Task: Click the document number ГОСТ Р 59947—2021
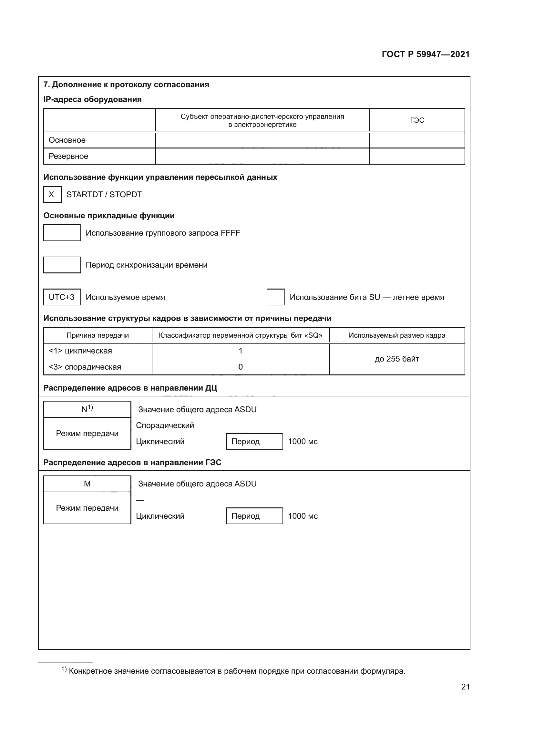(x=426, y=54)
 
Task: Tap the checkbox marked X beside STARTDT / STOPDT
(x=52, y=194)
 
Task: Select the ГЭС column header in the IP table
(x=416, y=120)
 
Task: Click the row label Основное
(x=67, y=140)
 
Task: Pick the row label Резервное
(x=68, y=156)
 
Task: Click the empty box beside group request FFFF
(x=62, y=233)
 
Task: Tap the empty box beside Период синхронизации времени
(x=62, y=265)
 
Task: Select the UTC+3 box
(x=62, y=297)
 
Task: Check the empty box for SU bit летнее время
(x=275, y=297)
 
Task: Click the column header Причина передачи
(x=98, y=335)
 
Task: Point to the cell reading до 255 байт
(x=397, y=359)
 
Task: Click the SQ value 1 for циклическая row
(x=241, y=351)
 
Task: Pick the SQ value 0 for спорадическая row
(x=241, y=367)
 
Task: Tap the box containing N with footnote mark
(x=87, y=409)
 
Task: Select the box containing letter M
(x=87, y=484)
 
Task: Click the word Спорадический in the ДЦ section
(x=165, y=425)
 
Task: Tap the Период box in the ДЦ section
(x=254, y=441)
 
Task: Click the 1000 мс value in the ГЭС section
(x=303, y=516)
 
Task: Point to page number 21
(x=465, y=687)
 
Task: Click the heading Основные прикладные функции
(x=109, y=216)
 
